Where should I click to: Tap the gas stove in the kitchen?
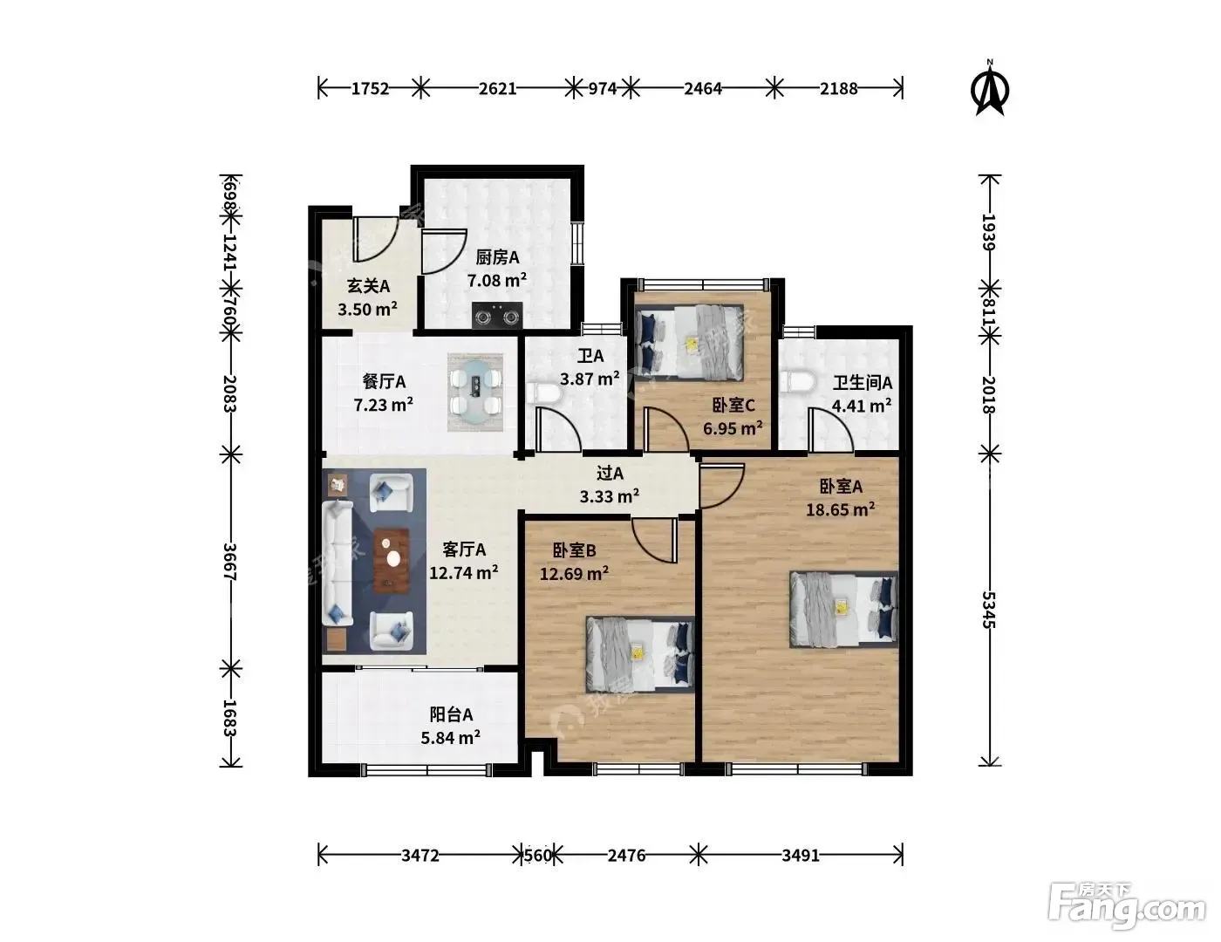click(497, 315)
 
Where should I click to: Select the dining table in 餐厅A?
click(475, 392)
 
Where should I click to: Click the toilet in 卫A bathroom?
click(544, 393)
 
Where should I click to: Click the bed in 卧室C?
click(690, 342)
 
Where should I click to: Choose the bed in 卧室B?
click(640, 654)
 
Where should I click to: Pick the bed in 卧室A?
click(844, 610)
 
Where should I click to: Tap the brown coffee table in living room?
click(392, 560)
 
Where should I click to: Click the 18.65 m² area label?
click(840, 509)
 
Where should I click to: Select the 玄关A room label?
click(368, 286)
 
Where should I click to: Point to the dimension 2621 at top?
click(497, 89)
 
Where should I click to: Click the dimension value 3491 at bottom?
click(801, 856)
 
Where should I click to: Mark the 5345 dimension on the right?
click(989, 610)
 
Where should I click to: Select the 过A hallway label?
click(610, 474)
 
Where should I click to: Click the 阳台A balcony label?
click(451, 714)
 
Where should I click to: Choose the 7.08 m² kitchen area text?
click(497, 280)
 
